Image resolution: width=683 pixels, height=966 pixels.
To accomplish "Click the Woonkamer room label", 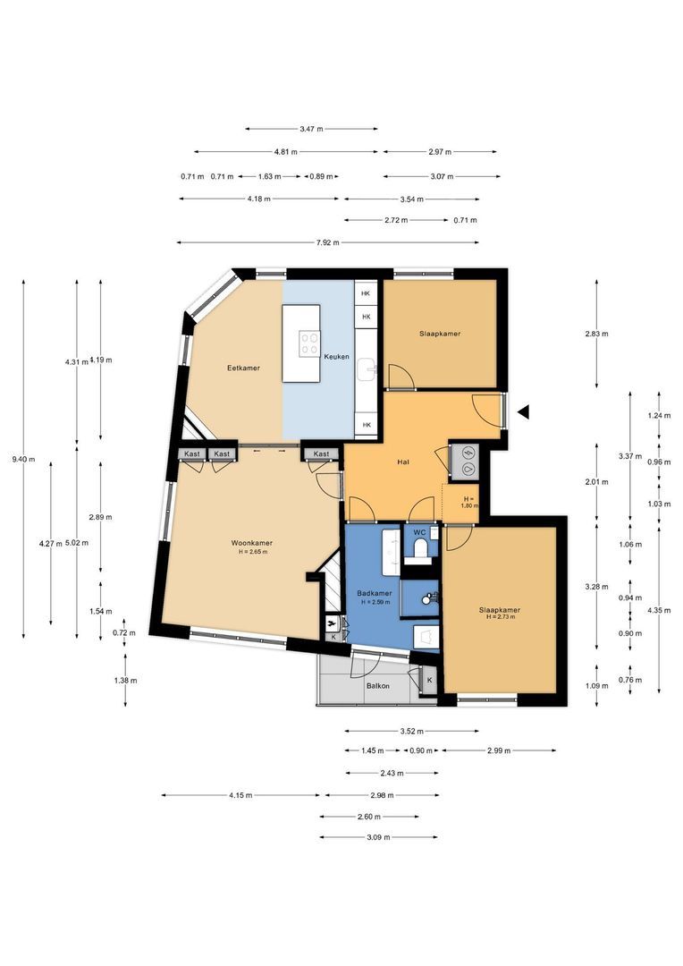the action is [x=252, y=543].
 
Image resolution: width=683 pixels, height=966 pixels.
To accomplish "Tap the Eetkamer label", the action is [x=243, y=368].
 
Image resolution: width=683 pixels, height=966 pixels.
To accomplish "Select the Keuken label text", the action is [x=336, y=357].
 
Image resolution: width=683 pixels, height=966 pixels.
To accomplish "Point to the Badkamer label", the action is [x=375, y=593].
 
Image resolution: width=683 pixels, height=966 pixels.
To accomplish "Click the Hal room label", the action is [x=404, y=462].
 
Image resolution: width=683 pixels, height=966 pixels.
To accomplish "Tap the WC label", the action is [x=419, y=531].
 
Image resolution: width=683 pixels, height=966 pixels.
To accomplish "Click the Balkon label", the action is [x=377, y=686].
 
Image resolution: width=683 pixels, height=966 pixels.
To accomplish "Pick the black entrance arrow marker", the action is [x=524, y=412].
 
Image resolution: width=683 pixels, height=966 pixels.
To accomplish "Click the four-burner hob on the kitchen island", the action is [x=309, y=343].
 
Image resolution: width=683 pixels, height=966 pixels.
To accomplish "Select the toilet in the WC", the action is [x=422, y=548].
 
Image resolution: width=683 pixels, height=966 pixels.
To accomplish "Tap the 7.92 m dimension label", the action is [x=327, y=242].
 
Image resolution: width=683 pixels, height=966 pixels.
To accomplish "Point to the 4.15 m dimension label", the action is [x=240, y=795].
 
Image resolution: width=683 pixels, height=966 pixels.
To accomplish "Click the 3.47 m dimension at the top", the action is [x=311, y=129].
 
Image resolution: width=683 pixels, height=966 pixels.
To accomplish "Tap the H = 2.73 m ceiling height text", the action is [x=500, y=616].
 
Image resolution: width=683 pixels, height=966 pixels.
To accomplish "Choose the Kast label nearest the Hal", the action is [x=321, y=454].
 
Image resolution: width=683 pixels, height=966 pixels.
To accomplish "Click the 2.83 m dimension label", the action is [x=596, y=334].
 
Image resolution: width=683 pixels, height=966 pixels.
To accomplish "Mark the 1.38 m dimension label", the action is [x=125, y=681].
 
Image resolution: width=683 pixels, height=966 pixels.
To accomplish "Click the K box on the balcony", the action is [x=429, y=680].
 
